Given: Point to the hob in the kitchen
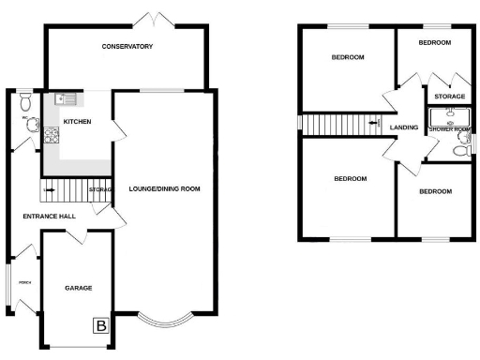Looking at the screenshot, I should coord(50,137).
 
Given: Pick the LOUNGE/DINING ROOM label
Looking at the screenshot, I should coord(165,188).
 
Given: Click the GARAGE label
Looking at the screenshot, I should coord(78,288).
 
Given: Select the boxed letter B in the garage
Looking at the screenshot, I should coord(99,326).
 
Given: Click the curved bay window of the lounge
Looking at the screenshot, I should coord(165,322).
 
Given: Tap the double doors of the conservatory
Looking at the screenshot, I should coord(147,20).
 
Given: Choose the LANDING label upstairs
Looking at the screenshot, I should coord(404,127).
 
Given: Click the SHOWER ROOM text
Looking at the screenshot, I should coord(448,128).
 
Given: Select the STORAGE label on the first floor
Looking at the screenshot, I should coord(448,97).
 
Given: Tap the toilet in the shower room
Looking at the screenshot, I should coord(460,149).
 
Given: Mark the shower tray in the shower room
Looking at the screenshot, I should coord(448,116).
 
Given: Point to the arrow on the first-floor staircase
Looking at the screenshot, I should coord(374,122).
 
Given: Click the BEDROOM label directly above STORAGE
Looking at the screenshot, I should coord(435,43).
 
